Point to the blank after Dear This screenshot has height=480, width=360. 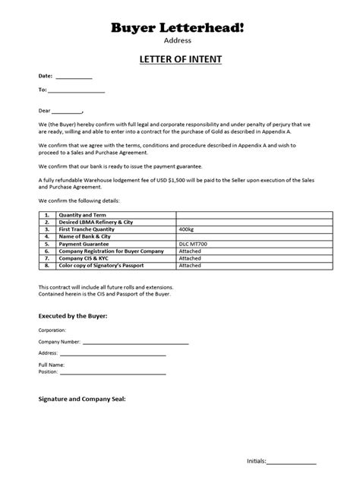click(68, 111)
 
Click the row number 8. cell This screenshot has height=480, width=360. click(46, 266)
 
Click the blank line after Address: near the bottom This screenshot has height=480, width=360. click(112, 355)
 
